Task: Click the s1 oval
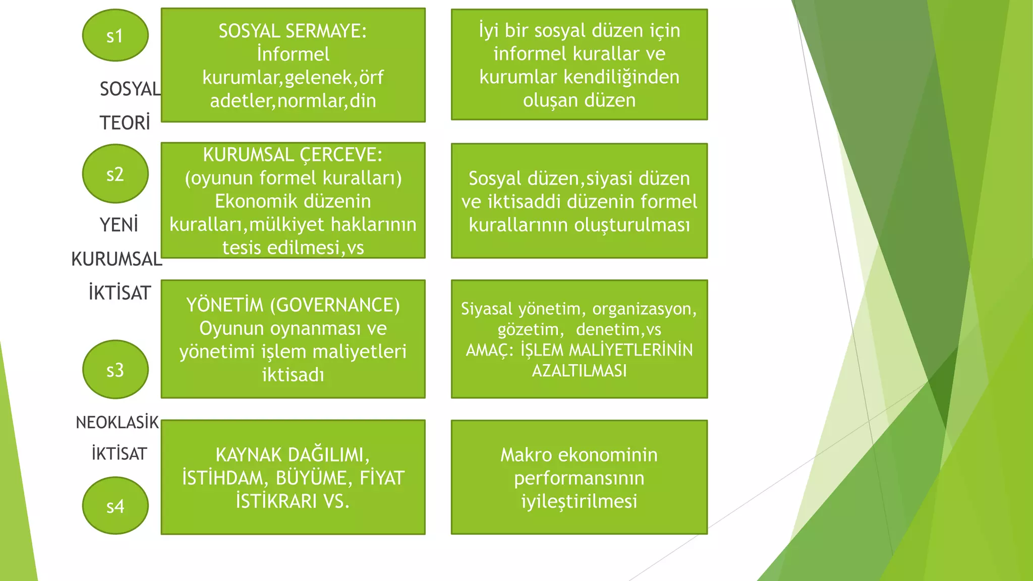pyautogui.click(x=115, y=36)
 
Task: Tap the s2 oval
pyautogui.click(x=115, y=174)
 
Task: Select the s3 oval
pyautogui.click(x=115, y=370)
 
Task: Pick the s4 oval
pyautogui.click(x=115, y=506)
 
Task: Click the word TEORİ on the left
pyautogui.click(x=125, y=123)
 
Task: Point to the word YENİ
pyautogui.click(x=119, y=225)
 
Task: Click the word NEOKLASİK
pyautogui.click(x=117, y=422)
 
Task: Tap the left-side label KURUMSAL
pyautogui.click(x=117, y=259)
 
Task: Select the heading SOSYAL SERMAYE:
pyautogui.click(x=293, y=31)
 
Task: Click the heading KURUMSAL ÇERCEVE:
pyautogui.click(x=293, y=155)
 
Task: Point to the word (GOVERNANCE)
pyautogui.click(x=334, y=305)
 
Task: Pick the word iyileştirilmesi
pyautogui.click(x=579, y=501)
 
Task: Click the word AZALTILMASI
pyautogui.click(x=579, y=371)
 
